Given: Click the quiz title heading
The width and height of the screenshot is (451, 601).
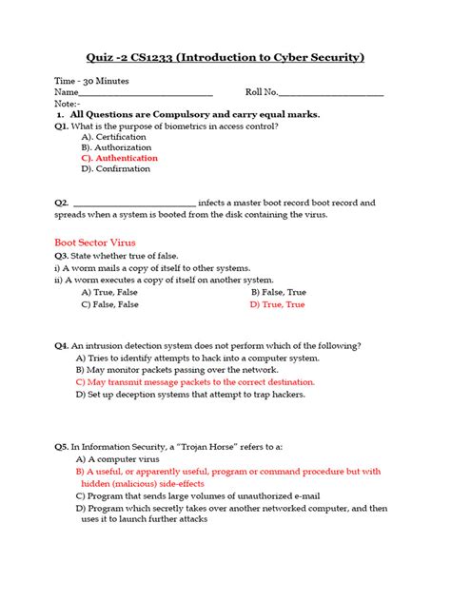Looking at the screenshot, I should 225,58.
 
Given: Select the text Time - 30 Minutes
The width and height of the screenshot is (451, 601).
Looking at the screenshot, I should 91,82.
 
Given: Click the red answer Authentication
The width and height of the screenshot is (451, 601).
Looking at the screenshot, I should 120,158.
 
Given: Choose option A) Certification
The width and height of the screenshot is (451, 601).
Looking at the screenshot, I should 114,137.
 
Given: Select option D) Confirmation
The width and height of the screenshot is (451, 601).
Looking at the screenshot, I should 116,169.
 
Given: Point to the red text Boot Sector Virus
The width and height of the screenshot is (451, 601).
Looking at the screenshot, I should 95,242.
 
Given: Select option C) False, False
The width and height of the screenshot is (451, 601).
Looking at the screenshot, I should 109,305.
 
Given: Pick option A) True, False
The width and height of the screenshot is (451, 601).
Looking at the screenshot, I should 109,293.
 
